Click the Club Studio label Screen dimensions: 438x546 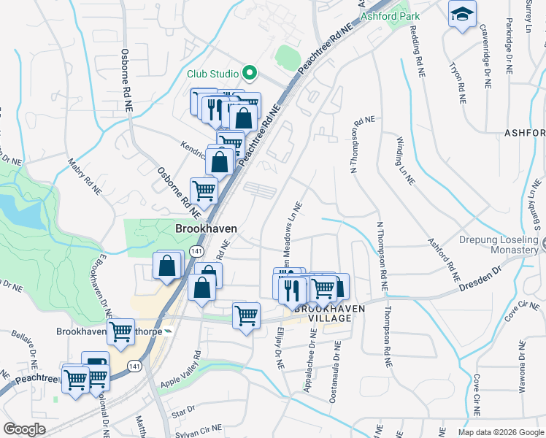pos(212,74)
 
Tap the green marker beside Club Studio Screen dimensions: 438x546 pos(249,73)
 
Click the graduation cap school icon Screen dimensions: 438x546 pos(461,15)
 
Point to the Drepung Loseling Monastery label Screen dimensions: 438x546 pos(499,245)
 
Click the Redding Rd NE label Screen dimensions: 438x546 pos(418,52)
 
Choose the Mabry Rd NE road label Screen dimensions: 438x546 pos(84,177)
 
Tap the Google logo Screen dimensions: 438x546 pos(25,429)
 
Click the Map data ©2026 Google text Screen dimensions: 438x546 pos(500,432)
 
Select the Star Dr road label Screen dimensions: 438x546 pos(180,415)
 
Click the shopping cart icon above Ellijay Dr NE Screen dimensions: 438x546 pos(246,315)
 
